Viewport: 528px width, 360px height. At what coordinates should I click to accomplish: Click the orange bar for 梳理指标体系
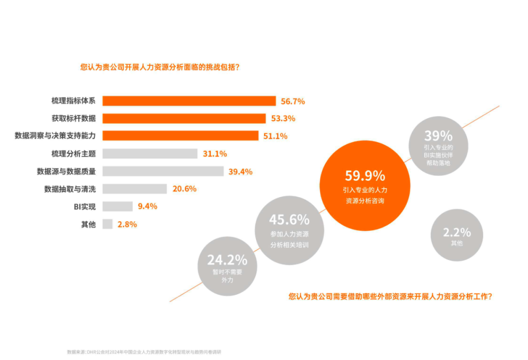pyautogui.click(x=189, y=101)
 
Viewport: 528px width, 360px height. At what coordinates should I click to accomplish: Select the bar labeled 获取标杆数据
pyautogui.click(x=184, y=119)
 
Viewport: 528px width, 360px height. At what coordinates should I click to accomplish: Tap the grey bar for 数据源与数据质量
pyautogui.click(x=163, y=171)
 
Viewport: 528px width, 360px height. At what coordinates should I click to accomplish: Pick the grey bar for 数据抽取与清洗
pyautogui.click(x=134, y=189)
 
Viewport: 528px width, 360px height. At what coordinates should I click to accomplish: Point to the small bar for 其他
pyautogui.click(x=108, y=224)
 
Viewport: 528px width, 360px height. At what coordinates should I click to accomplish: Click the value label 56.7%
pyautogui.click(x=293, y=102)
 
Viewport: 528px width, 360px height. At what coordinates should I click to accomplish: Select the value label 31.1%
pyautogui.click(x=215, y=154)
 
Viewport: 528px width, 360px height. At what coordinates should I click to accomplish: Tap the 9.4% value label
pyautogui.click(x=147, y=207)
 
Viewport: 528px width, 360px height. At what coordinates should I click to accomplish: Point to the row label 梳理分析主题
pyautogui.click(x=73, y=154)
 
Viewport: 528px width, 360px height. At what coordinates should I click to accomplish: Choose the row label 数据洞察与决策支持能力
pyautogui.click(x=55, y=136)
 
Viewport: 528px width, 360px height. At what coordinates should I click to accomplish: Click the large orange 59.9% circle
pyautogui.click(x=365, y=187)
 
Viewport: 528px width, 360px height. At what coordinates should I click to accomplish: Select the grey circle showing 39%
pyautogui.click(x=438, y=146)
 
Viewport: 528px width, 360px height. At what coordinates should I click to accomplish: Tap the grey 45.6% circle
pyautogui.click(x=289, y=230)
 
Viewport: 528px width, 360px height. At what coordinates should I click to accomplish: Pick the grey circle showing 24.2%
pyautogui.click(x=227, y=266)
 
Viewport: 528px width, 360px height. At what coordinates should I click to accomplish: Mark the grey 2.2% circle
pyautogui.click(x=457, y=235)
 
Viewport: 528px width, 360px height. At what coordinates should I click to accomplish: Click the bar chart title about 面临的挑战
pyautogui.click(x=160, y=67)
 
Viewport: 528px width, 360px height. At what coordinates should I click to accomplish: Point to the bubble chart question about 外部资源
pyautogui.click(x=390, y=296)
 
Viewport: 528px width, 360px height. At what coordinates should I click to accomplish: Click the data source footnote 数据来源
pyautogui.click(x=147, y=352)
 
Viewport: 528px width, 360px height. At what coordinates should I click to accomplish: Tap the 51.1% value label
pyautogui.click(x=275, y=136)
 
